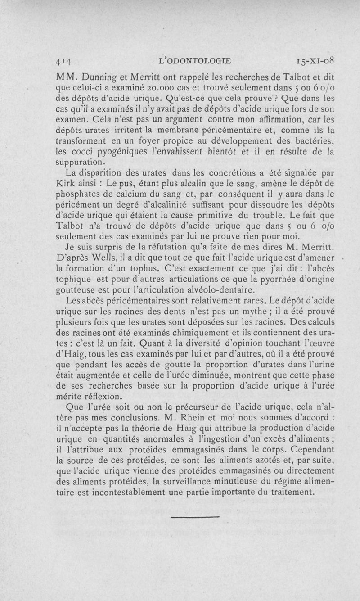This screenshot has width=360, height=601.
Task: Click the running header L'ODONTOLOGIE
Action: pos(198,60)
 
